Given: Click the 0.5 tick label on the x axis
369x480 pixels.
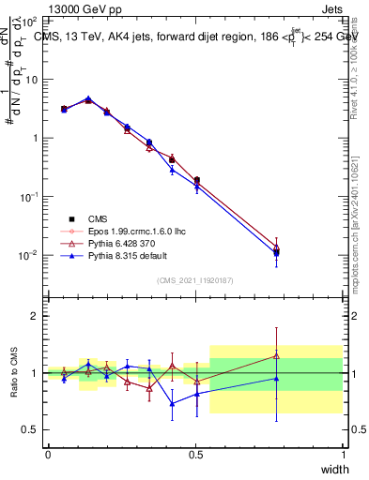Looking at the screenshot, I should [x=195, y=454].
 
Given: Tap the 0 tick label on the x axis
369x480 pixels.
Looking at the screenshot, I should [x=48, y=454].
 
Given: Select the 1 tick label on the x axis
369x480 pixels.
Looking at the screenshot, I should [x=343, y=454].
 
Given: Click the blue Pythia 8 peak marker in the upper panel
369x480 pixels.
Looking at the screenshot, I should [x=88, y=97].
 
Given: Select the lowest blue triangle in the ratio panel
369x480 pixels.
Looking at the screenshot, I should [x=172, y=404].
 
